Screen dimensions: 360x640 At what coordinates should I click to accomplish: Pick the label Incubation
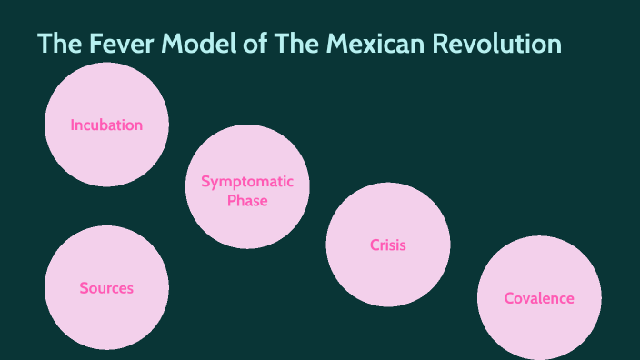(x=106, y=125)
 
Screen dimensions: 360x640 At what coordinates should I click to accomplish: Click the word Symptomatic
(x=247, y=181)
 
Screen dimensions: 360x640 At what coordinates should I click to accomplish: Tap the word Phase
(x=247, y=200)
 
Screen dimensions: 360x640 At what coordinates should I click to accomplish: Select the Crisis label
(x=388, y=245)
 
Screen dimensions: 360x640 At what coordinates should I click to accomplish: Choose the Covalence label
(x=539, y=298)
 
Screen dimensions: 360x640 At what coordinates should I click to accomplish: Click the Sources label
(x=106, y=288)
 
